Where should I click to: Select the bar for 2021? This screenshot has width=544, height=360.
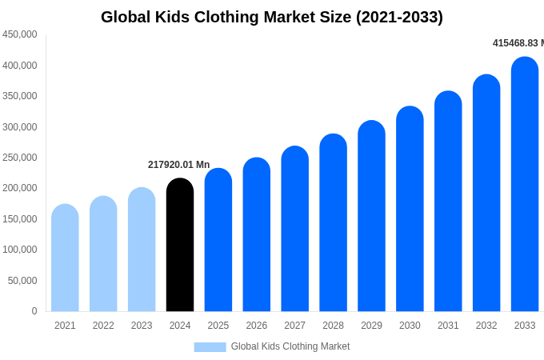65,258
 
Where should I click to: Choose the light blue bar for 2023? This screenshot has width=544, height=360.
142,250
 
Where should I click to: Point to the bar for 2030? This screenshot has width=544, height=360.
410,209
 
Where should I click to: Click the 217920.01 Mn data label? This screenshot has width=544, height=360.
178,165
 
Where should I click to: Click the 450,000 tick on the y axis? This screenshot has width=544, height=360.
20,34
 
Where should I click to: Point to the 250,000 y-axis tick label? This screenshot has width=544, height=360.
20,158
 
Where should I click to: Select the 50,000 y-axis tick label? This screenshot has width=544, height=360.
22,281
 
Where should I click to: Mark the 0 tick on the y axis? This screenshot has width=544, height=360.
34,311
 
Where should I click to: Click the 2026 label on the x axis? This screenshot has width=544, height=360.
257,326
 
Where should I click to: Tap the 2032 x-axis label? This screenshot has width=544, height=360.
486,326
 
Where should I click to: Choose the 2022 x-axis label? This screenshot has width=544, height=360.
103,326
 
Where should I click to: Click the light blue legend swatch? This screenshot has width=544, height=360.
210,347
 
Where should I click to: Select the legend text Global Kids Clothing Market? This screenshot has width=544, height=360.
290,346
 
